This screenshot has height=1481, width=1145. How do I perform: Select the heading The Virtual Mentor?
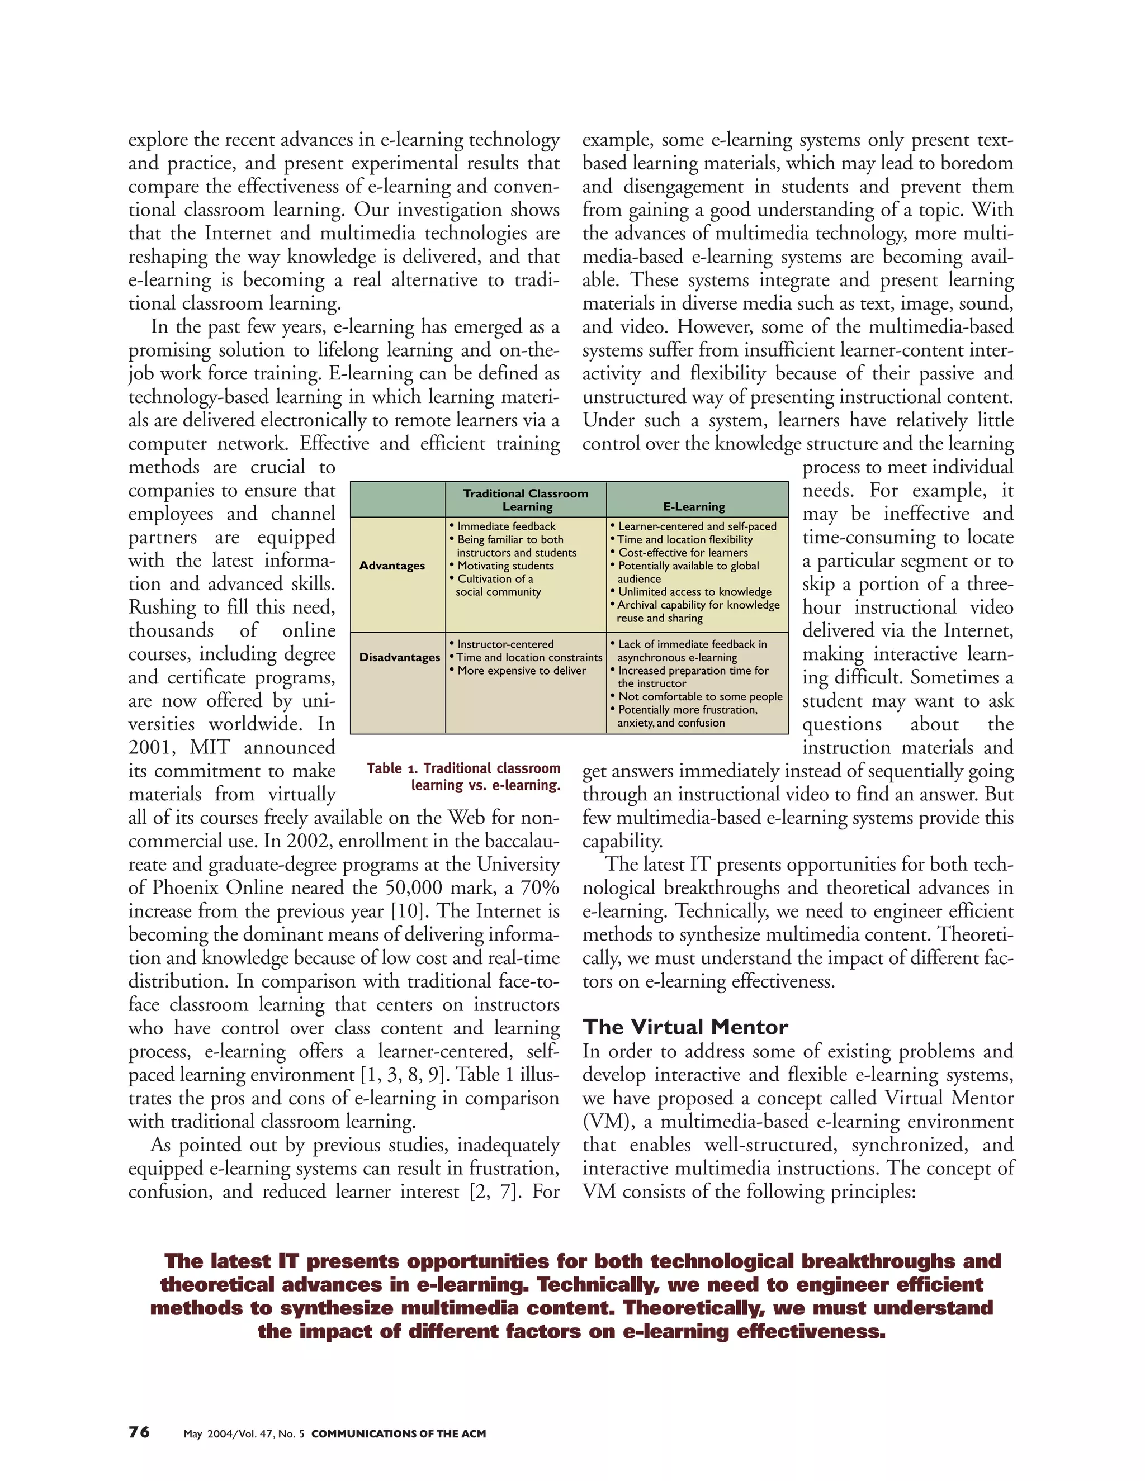pos(685,1027)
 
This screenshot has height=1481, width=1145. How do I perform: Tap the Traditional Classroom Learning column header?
pos(526,500)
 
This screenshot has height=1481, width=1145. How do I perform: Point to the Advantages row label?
pos(392,566)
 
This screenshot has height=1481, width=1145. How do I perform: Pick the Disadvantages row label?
pos(400,657)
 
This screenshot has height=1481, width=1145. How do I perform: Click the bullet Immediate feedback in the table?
pos(506,526)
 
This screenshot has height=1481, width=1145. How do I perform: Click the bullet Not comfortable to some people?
pos(700,696)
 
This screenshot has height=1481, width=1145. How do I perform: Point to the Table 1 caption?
pos(464,776)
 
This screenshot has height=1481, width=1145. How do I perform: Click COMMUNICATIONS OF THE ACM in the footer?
pos(398,1433)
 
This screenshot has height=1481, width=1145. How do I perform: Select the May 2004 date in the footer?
pos(208,1433)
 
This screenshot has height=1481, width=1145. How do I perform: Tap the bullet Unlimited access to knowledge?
pos(694,592)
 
